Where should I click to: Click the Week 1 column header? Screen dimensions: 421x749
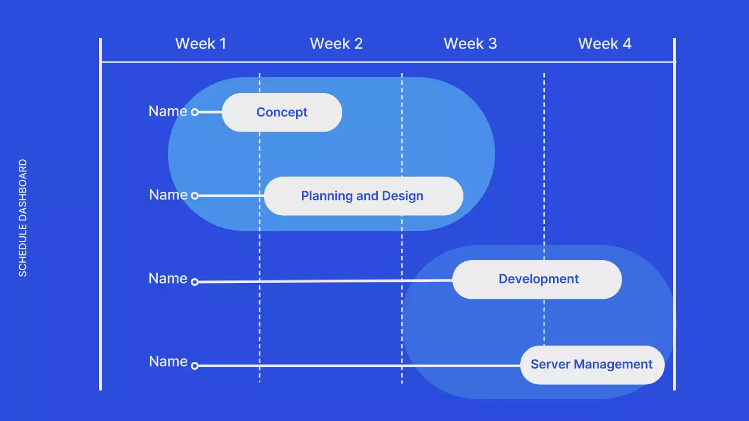[200, 44]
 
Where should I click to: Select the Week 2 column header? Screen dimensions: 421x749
[336, 44]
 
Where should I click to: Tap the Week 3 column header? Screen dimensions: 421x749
[470, 44]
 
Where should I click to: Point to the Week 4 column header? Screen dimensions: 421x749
[604, 44]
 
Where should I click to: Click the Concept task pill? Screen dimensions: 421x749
[281, 112]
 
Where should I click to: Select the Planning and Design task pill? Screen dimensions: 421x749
[363, 196]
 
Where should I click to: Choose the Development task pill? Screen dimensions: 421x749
[537, 279]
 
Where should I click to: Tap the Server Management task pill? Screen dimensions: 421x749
[592, 365]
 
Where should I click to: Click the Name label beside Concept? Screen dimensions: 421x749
[167, 111]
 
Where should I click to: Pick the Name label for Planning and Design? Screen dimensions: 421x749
[167, 195]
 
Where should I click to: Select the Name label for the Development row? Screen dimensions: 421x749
[167, 278]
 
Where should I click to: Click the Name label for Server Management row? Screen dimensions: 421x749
[167, 361]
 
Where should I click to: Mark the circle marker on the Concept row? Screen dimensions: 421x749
[195, 112]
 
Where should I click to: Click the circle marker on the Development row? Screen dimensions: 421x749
[195, 282]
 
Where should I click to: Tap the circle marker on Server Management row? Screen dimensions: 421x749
[195, 366]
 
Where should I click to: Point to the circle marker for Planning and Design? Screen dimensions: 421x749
[195, 196]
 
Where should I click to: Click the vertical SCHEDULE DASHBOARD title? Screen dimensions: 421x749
[23, 218]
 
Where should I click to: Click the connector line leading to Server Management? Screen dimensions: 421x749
[357, 366]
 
